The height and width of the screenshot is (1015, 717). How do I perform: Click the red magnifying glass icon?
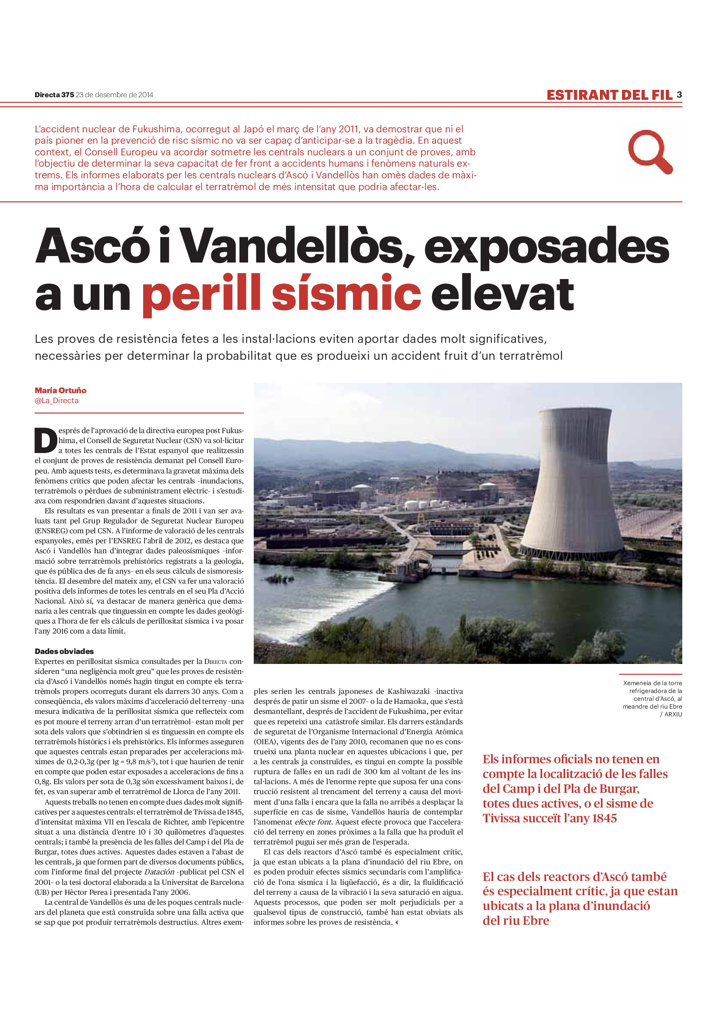pyautogui.click(x=649, y=151)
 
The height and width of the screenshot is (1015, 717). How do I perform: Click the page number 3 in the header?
pyautogui.click(x=679, y=95)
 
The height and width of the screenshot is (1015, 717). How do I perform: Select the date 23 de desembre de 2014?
pyautogui.click(x=115, y=95)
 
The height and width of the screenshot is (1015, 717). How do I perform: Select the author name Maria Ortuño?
pyautogui.click(x=61, y=391)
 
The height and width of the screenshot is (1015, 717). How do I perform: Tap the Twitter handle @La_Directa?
pyautogui.click(x=56, y=401)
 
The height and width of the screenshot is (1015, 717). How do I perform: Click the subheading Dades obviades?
pyautogui.click(x=64, y=651)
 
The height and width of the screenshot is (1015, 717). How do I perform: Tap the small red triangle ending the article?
pyautogui.click(x=396, y=922)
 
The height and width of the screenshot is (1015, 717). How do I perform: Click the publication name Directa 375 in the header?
pyautogui.click(x=54, y=95)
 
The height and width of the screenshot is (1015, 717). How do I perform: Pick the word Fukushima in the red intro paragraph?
pyautogui.click(x=157, y=129)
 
